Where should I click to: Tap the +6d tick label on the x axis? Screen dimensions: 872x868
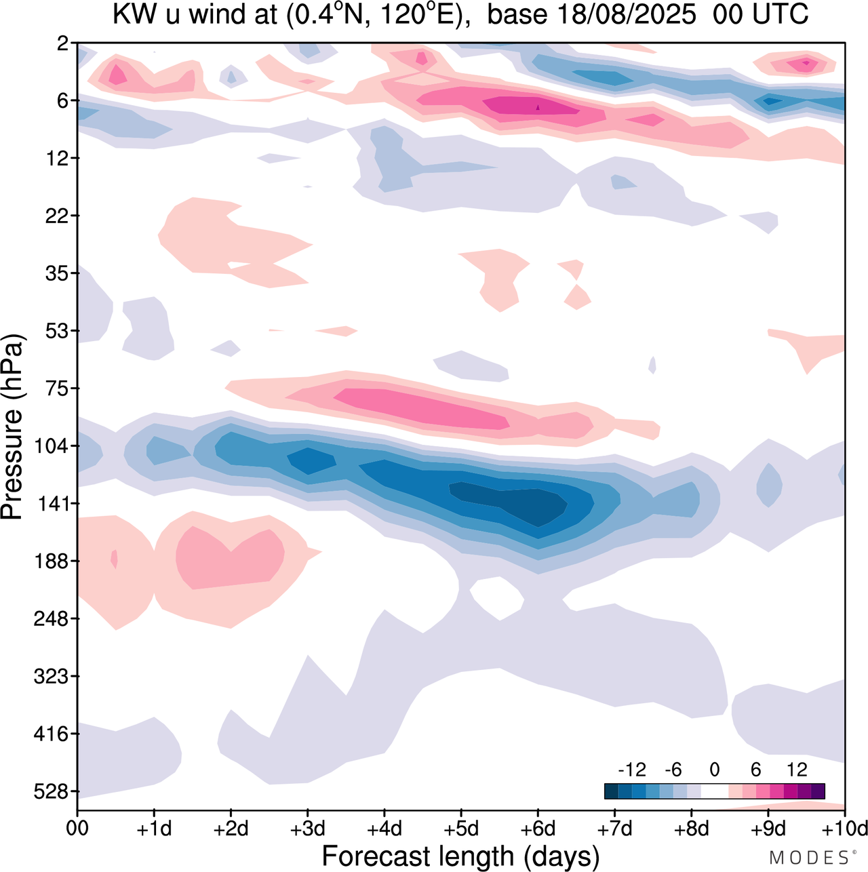coord(538,829)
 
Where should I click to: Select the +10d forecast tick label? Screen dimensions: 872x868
coord(845,829)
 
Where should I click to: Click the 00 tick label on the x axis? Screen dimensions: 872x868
coord(77,829)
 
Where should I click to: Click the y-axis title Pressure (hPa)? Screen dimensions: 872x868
coord(12,427)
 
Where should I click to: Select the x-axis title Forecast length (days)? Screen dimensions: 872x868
coord(460,856)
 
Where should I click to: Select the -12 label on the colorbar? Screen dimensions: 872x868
coord(632,770)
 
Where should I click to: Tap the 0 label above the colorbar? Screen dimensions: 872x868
coord(714,770)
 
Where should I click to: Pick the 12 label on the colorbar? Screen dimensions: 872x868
coord(797,770)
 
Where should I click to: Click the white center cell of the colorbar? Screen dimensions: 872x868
coord(714,791)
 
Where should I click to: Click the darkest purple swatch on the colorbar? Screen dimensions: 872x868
coord(818,791)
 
